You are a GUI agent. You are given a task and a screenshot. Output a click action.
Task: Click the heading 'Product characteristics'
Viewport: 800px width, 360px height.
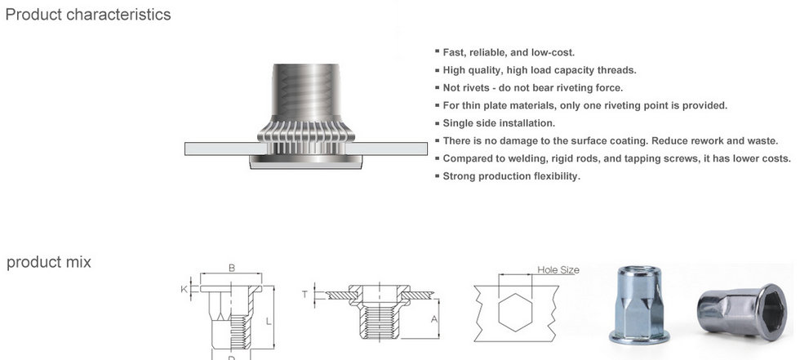pos(88,15)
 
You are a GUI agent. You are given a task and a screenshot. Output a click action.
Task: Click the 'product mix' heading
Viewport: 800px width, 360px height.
pos(49,262)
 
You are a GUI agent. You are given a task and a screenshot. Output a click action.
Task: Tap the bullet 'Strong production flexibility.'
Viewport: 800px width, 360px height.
pos(511,176)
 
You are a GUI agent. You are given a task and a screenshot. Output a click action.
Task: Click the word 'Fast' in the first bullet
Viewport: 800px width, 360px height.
pos(454,52)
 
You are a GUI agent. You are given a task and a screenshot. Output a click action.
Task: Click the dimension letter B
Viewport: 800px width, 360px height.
pos(232,268)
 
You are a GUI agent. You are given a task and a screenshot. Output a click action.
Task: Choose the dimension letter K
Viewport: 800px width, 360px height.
pos(184,289)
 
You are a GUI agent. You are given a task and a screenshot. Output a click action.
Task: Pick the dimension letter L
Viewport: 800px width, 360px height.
pos(268,322)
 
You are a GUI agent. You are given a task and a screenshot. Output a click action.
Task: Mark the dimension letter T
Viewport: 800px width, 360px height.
pos(304,294)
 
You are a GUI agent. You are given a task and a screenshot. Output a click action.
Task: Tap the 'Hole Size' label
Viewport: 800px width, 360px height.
pos(558,269)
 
